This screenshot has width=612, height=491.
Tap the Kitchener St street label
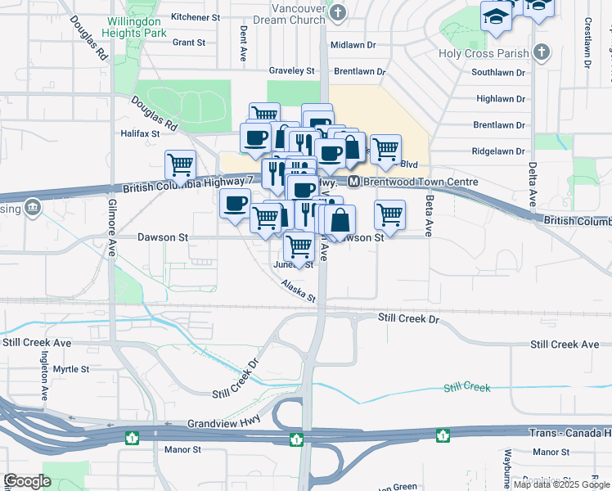pos(196,16)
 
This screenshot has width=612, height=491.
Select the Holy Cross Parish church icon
pos(539,52)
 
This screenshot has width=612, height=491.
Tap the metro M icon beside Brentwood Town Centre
pos(354,181)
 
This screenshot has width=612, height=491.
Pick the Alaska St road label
pos(298,291)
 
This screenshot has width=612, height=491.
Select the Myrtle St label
pos(70,369)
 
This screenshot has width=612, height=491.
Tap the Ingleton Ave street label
pos(44,374)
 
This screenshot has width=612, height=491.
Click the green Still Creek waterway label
pos(466,387)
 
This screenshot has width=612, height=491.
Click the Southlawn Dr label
pos(498,72)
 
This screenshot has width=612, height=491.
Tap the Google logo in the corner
pos(27,481)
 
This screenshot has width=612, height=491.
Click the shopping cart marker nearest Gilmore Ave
pos(180,164)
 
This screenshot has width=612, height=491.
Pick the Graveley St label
pos(292,71)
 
